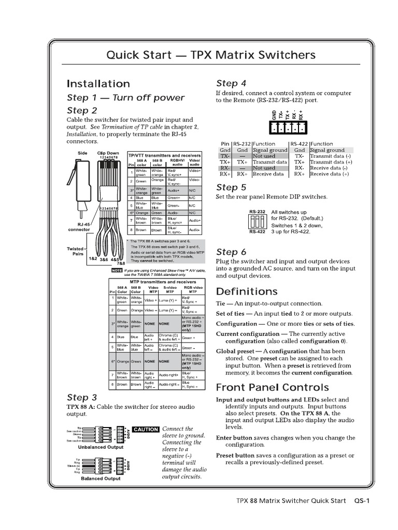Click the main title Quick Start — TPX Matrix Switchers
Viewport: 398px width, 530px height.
[210, 55]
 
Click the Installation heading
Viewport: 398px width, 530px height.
[98, 83]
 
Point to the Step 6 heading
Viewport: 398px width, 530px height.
[231, 252]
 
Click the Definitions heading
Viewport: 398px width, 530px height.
[246, 291]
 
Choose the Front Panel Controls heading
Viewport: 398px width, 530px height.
[272, 387]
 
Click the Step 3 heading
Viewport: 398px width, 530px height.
[81, 397]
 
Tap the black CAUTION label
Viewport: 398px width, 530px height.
[146, 430]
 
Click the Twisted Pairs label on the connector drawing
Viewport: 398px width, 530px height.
[75, 252]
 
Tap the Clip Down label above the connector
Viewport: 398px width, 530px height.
[108, 153]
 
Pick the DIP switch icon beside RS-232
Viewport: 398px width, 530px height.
[257, 222]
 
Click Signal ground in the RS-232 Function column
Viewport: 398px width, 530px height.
[269, 150]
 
